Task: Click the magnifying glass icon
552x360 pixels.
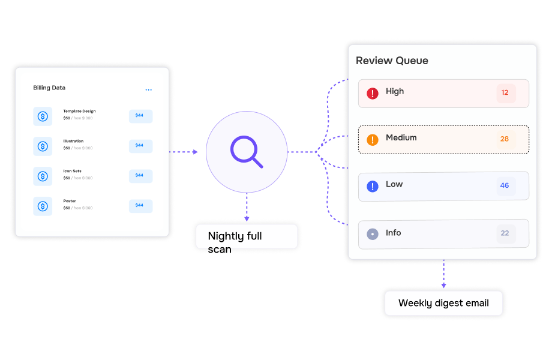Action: click(x=247, y=152)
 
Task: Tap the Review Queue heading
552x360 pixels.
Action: click(x=392, y=61)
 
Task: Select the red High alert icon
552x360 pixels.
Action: click(x=373, y=93)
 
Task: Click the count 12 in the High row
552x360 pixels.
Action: click(x=505, y=92)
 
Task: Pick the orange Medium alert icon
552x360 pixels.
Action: click(x=373, y=140)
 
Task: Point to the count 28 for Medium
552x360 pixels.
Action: click(x=505, y=139)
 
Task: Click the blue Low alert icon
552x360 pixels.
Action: click(x=373, y=186)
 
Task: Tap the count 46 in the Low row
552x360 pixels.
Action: click(x=505, y=185)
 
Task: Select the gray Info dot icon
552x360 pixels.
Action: click(x=373, y=234)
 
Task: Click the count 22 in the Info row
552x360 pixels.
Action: click(x=505, y=233)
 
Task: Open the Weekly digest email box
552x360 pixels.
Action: click(x=443, y=303)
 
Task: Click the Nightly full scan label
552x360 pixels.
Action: click(x=235, y=242)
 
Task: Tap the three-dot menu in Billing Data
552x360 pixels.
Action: click(x=149, y=90)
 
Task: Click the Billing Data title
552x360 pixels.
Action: click(x=49, y=88)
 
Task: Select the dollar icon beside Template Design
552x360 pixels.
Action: click(x=43, y=116)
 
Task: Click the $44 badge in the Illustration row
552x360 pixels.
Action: click(x=140, y=146)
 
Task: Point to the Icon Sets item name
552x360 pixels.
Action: click(x=72, y=171)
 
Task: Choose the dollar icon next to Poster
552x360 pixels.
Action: click(x=43, y=206)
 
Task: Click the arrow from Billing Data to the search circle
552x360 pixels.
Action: click(x=184, y=152)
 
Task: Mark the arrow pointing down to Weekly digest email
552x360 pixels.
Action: click(x=443, y=274)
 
